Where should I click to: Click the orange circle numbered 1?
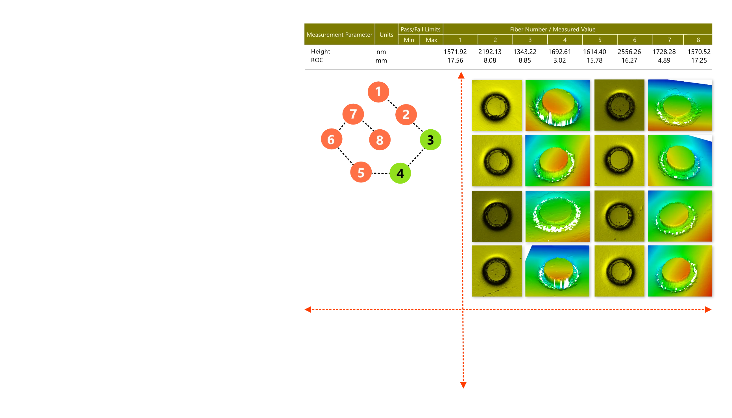[x=378, y=92]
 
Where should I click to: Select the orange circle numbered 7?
[x=353, y=114]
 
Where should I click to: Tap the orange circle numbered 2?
[x=406, y=115]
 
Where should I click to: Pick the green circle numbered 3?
[x=431, y=140]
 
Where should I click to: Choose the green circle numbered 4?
[x=400, y=173]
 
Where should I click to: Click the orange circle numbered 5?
[x=361, y=173]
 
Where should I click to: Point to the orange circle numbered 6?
[x=331, y=140]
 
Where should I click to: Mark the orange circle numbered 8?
[x=380, y=140]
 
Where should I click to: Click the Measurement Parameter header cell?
[x=339, y=34]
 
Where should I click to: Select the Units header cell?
[x=386, y=34]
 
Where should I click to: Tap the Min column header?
[x=409, y=40]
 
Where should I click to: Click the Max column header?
[x=431, y=40]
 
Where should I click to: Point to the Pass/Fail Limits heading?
[x=420, y=29]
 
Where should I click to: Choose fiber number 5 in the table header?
[x=600, y=40]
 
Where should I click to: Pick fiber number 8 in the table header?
[x=698, y=40]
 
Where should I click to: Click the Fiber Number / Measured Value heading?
[x=553, y=29]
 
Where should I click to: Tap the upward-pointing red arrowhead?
[x=461, y=76]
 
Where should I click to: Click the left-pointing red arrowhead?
[x=308, y=310]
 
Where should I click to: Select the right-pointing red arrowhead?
[x=708, y=310]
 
